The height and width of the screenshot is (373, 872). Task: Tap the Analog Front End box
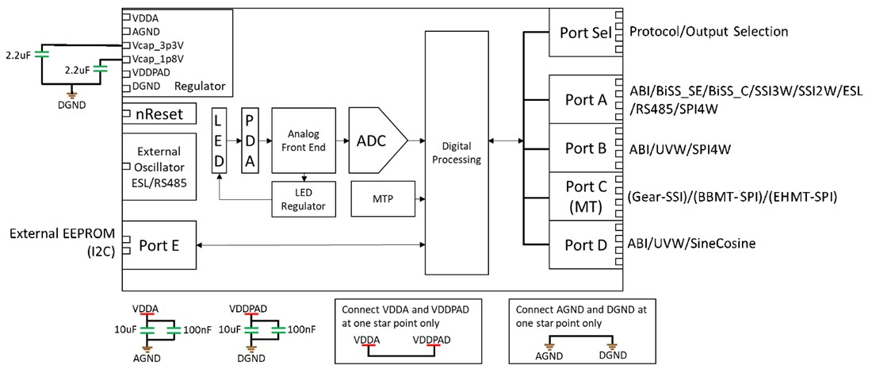click(x=304, y=140)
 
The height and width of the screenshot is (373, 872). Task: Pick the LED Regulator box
click(x=304, y=198)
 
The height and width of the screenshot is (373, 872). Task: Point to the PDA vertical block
click(x=251, y=140)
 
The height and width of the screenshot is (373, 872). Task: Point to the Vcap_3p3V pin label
click(x=161, y=44)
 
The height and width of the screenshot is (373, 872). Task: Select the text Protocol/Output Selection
click(x=708, y=32)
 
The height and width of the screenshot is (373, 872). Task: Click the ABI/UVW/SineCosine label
click(x=691, y=244)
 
